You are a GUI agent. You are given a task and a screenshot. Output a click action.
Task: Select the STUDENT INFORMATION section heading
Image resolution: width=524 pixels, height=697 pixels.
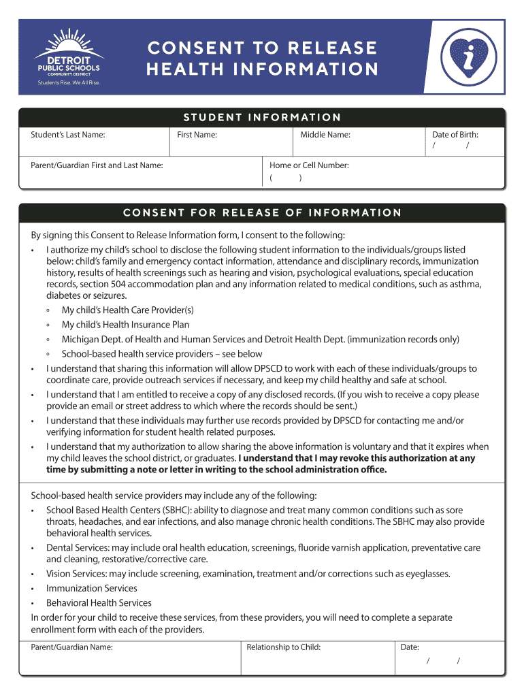(261, 118)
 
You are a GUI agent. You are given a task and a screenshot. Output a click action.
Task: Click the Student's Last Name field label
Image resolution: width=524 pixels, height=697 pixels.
(68, 135)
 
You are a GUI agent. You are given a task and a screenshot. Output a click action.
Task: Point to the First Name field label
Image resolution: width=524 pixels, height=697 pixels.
(197, 135)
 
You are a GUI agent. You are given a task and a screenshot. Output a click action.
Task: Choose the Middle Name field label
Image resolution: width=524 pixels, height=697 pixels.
(325, 135)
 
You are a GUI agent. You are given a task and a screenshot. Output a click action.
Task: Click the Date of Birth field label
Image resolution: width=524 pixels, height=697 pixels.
(455, 135)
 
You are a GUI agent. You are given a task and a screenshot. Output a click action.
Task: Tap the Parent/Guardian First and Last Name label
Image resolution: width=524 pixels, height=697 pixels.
(97, 165)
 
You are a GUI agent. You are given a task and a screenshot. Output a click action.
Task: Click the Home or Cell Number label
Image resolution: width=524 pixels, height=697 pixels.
(309, 165)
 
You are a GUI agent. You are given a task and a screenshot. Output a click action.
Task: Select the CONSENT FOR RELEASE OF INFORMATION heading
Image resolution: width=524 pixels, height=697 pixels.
(262, 212)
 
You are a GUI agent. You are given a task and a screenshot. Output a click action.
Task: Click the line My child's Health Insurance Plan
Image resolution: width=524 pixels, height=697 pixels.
(125, 325)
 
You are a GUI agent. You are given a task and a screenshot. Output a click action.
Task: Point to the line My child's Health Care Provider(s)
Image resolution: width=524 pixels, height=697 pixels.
(127, 310)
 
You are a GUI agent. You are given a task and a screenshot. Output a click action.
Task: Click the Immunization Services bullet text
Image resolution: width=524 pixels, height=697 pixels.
(91, 588)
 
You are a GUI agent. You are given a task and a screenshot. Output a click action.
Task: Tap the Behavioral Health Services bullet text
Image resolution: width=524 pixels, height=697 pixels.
(99, 603)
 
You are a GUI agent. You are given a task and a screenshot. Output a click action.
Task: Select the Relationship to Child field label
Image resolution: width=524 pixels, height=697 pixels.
(283, 647)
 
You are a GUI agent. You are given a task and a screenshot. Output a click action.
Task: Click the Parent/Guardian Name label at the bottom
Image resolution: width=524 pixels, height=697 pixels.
(71, 647)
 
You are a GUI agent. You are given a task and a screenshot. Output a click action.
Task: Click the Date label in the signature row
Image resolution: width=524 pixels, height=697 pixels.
(410, 647)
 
